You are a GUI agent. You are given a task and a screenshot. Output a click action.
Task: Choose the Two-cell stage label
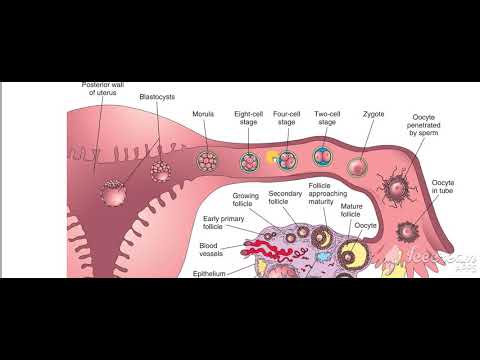pos(327,119)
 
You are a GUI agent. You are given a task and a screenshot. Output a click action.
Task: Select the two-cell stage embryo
pos(323,157)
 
